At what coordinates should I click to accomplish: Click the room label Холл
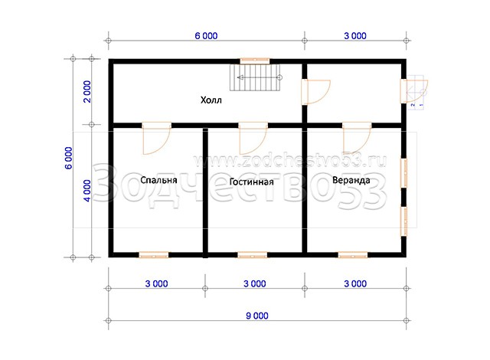[211, 100]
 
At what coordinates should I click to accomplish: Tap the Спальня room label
[158, 180]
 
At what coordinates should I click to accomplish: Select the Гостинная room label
[252, 182]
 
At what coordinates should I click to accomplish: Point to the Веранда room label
[351, 180]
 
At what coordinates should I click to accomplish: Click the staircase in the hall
[255, 77]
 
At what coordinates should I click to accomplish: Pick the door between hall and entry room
[316, 92]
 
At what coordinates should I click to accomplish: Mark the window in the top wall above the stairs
[255, 61]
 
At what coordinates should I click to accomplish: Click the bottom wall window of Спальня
[154, 255]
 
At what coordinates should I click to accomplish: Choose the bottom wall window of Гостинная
[253, 255]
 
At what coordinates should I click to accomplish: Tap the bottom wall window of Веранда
[353, 255]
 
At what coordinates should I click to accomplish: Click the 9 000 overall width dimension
[257, 316]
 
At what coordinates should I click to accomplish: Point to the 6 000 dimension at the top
[206, 36]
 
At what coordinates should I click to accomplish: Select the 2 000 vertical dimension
[87, 92]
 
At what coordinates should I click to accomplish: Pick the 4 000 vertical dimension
[87, 191]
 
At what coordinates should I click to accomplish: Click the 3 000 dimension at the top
[355, 36]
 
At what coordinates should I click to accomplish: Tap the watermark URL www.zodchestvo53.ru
[289, 161]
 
